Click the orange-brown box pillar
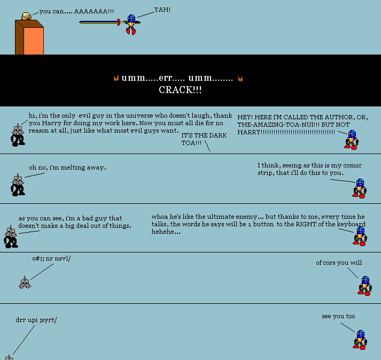pos(29,37)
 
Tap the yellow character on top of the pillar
pos(26,16)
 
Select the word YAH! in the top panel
pos(162,10)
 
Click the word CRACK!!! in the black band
pos(180,90)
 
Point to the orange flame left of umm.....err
pos(116,78)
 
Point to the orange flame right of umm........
pos(240,78)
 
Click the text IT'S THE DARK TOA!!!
pos(204,139)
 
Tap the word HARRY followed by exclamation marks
pos(286,132)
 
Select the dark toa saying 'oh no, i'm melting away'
pos(18,185)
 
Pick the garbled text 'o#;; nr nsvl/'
pos(51,258)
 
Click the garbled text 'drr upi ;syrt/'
pos(36,320)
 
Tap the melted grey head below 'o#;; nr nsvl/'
pos(25,282)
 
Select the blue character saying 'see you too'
pos(360,340)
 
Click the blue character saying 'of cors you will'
pos(364,286)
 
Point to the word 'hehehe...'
pos(166,232)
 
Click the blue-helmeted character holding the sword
pos(131,25)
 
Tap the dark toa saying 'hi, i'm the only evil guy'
pos(18,135)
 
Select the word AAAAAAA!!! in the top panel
pos(94,11)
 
